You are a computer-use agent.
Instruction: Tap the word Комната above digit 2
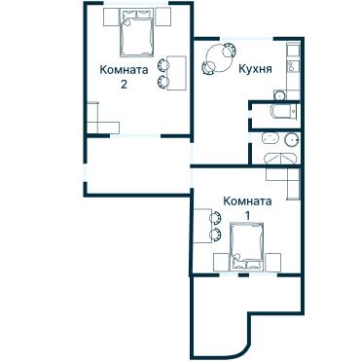[x=125, y=70]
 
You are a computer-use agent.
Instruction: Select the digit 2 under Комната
[x=125, y=85]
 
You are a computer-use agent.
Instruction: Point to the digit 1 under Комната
[x=247, y=214]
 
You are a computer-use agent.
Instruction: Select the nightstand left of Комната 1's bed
[x=218, y=261]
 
